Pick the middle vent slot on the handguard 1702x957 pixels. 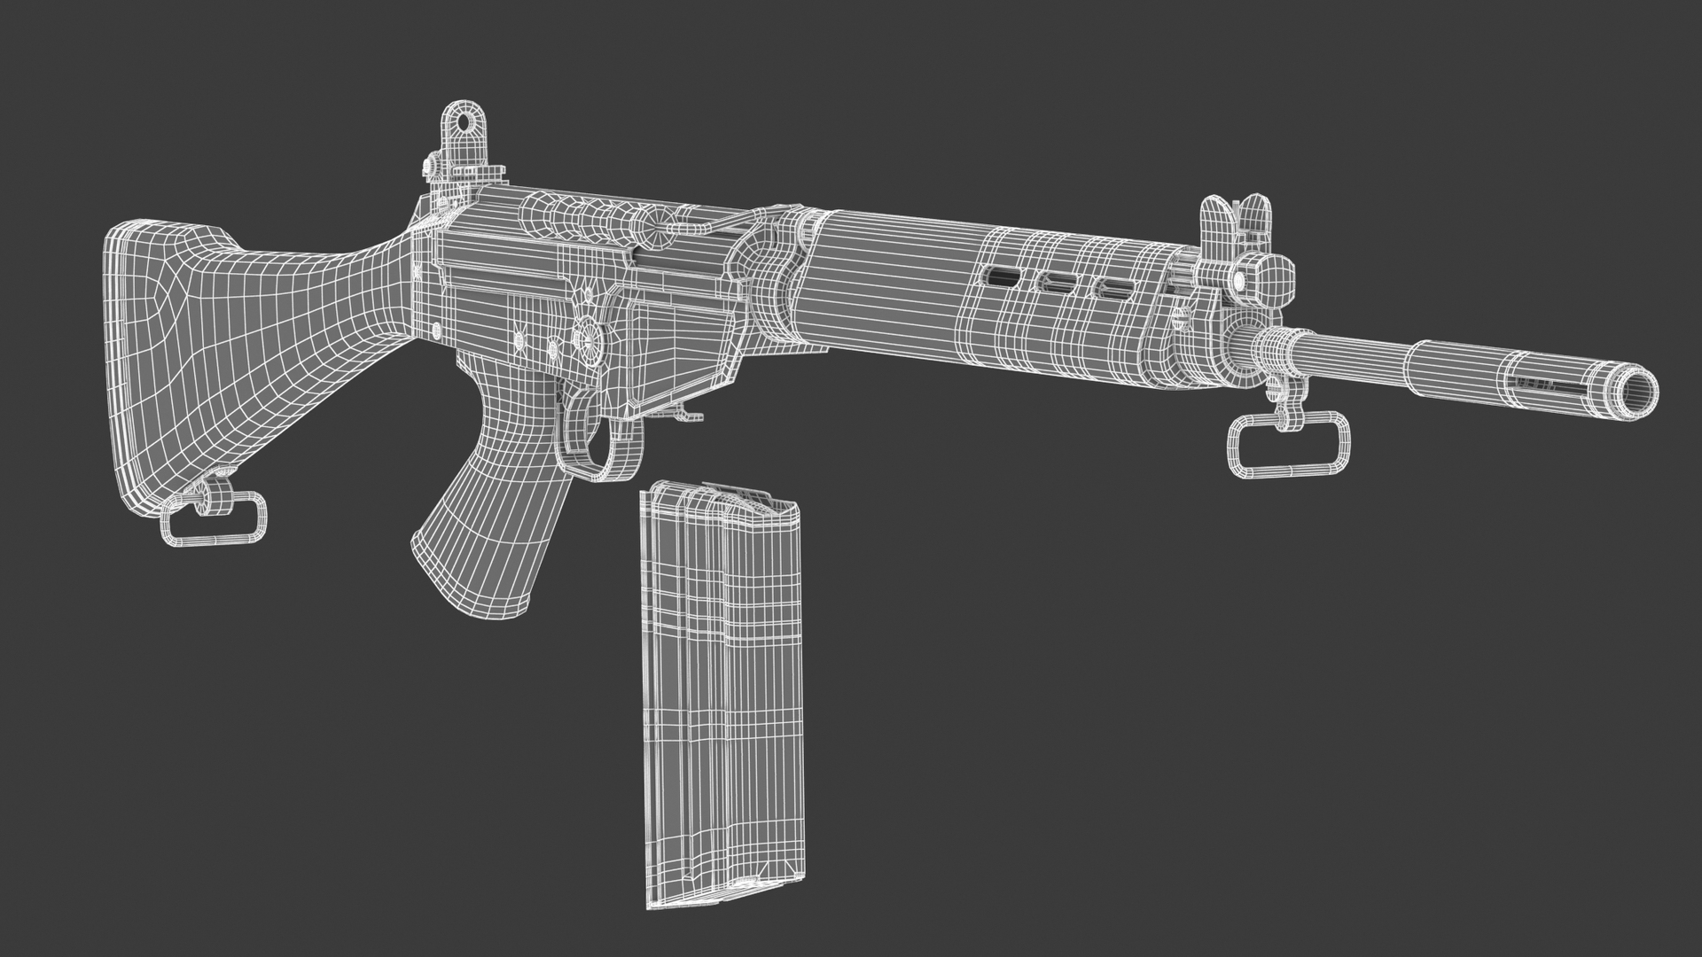click(1058, 284)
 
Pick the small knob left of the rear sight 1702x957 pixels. click(429, 165)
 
